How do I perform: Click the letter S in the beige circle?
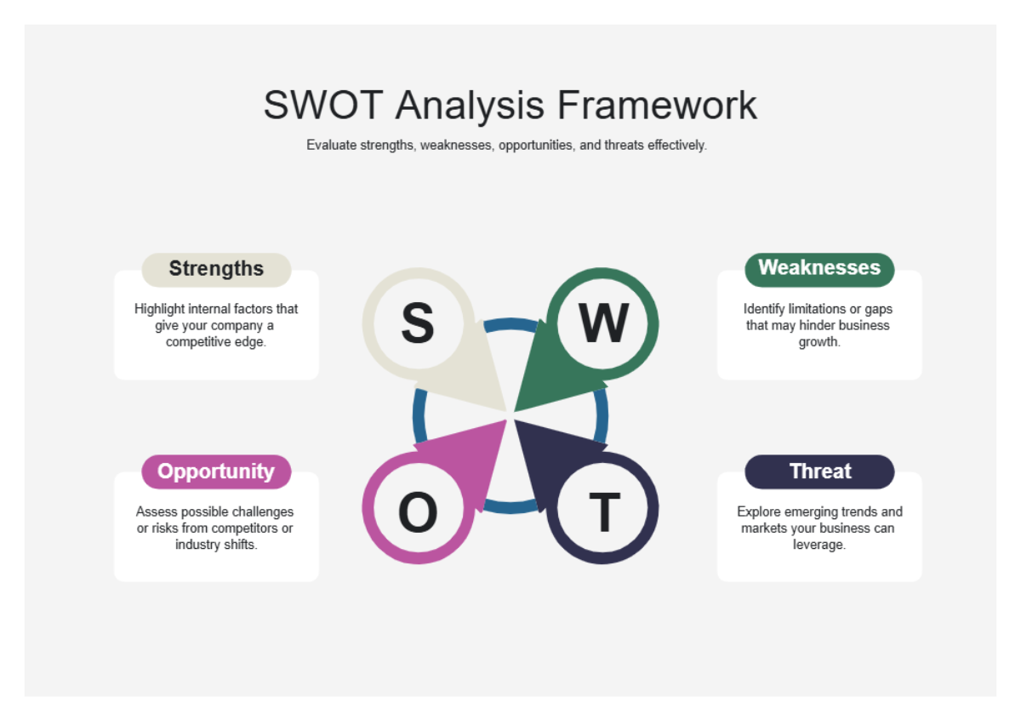click(417, 323)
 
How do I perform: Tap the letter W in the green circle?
click(604, 323)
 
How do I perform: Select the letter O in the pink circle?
click(417, 512)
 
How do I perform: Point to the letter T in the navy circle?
click(604, 512)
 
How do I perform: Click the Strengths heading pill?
click(216, 269)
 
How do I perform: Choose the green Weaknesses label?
click(819, 268)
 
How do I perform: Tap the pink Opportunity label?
click(216, 471)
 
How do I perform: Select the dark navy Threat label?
click(819, 471)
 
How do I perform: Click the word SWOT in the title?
click(322, 106)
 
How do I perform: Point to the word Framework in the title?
click(657, 106)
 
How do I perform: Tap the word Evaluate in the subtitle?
click(331, 146)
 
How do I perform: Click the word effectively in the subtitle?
click(677, 146)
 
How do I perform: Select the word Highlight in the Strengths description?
click(159, 310)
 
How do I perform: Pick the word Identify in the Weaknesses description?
click(763, 310)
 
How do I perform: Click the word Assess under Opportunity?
click(154, 512)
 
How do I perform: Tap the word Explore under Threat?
click(758, 512)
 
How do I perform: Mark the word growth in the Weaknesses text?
click(819, 342)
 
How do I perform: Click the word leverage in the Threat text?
click(819, 545)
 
